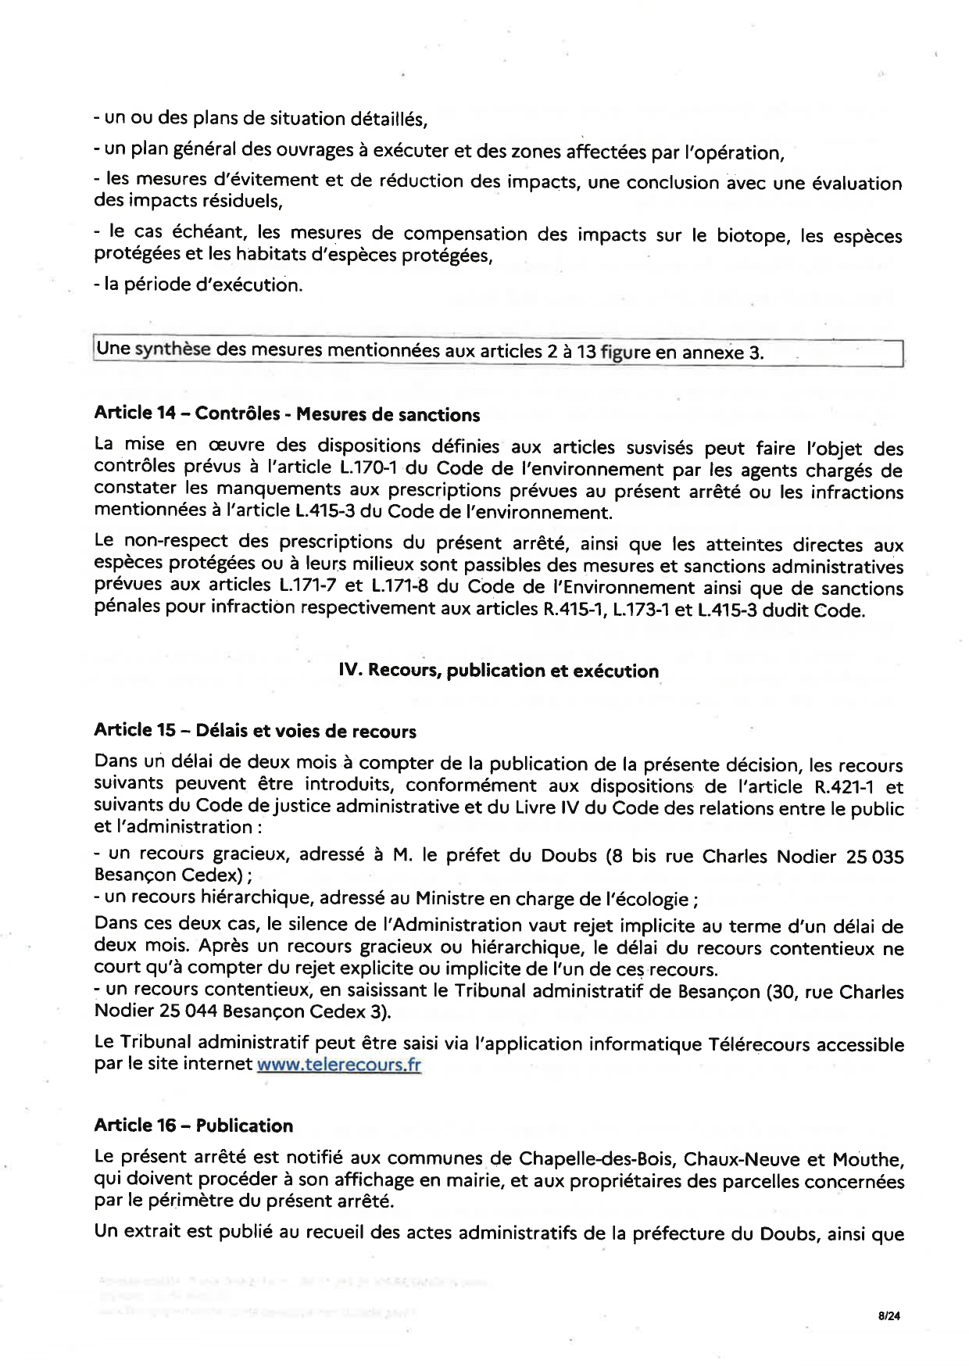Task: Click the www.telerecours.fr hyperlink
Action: [x=339, y=1065]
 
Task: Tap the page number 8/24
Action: [x=889, y=1316]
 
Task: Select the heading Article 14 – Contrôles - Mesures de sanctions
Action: [x=287, y=413]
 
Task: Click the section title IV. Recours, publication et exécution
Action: [x=499, y=671]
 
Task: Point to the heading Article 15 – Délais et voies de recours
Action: [x=255, y=731]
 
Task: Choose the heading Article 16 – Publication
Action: [x=193, y=1126]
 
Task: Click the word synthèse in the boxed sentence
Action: [x=172, y=349]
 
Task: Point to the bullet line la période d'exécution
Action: [x=198, y=285]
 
